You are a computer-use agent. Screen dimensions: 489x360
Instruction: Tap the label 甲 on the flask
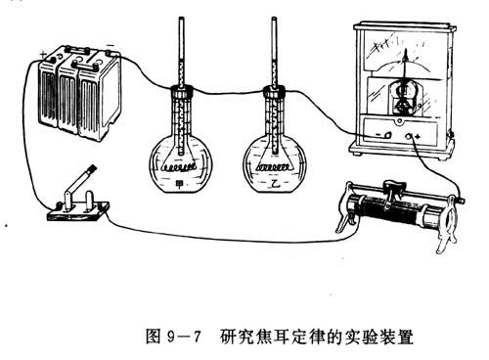(x=180, y=185)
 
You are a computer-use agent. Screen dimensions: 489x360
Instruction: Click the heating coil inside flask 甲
(x=180, y=168)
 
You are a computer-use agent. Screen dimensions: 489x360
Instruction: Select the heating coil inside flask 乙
(x=274, y=167)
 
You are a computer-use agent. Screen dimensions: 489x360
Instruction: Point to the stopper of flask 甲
(x=182, y=91)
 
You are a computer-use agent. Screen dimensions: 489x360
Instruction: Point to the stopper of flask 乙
(x=274, y=91)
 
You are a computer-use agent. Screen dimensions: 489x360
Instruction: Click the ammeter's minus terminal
(x=388, y=135)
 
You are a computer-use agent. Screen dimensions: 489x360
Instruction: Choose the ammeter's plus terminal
(x=410, y=136)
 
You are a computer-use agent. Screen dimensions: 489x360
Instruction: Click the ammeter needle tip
(x=406, y=51)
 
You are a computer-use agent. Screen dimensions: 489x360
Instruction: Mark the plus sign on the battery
(x=43, y=55)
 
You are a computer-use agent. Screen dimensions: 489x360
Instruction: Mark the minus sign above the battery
(x=111, y=45)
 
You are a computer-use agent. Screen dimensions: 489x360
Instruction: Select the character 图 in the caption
(x=154, y=337)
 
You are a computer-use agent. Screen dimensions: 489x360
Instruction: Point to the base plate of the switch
(x=78, y=211)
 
